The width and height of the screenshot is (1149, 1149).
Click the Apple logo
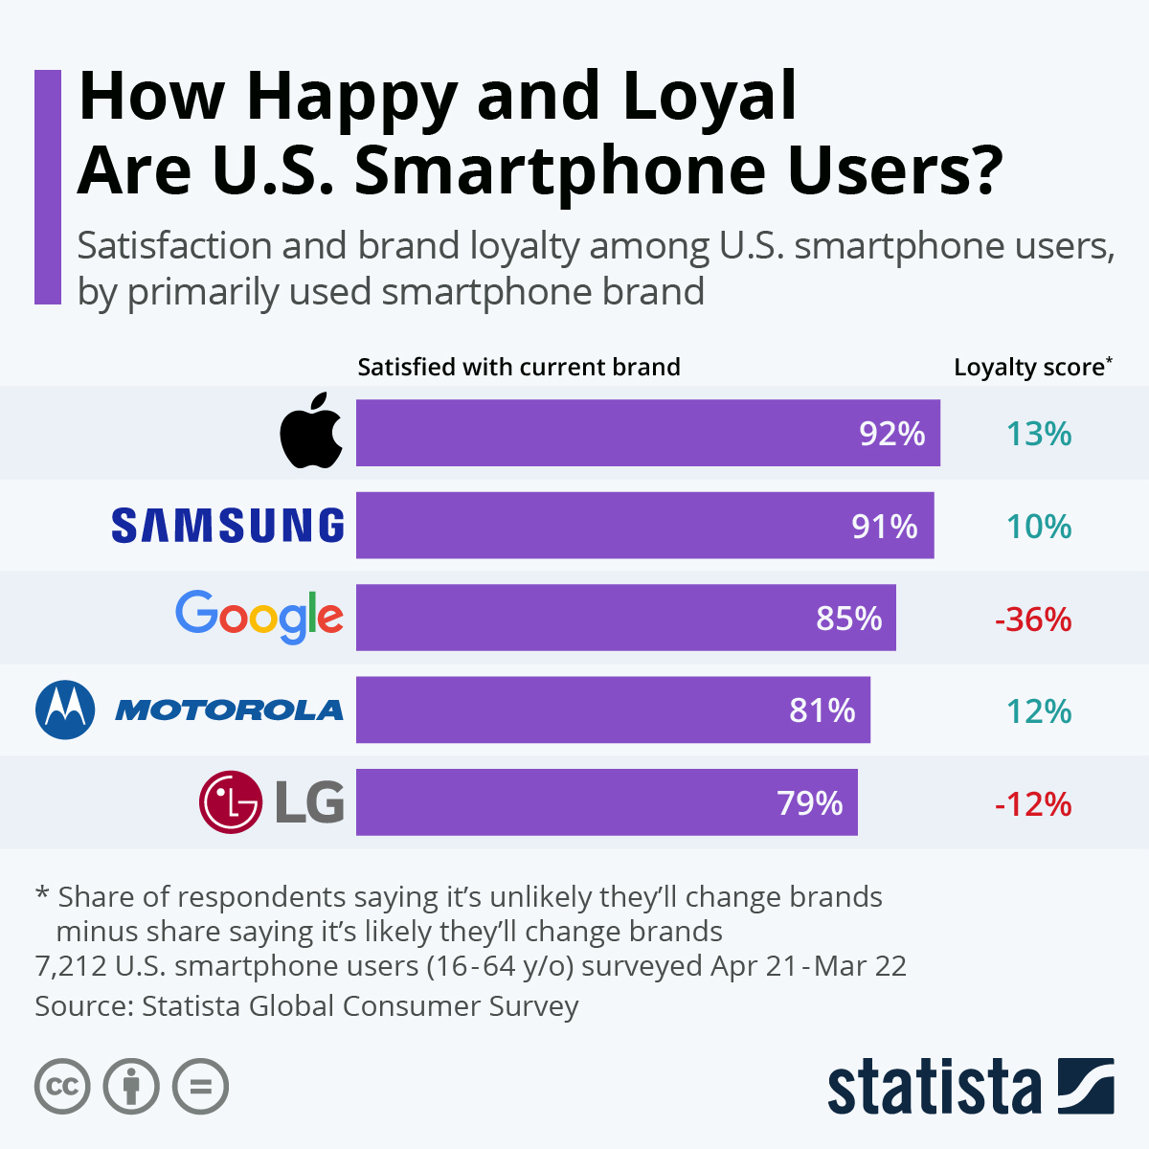click(311, 432)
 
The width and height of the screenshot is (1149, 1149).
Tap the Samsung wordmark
click(228, 526)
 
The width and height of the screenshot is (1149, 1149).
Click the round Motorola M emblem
click(65, 710)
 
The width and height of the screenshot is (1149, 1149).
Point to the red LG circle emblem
click(230, 802)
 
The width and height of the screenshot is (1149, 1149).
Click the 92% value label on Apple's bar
click(891, 434)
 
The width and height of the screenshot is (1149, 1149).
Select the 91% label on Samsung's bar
click(885, 527)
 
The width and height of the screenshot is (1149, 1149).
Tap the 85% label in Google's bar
click(848, 619)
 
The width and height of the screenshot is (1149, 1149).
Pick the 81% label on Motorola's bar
click(822, 710)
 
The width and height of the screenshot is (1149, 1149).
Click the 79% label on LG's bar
click(810, 803)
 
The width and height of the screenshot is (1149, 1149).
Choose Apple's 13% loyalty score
click(1038, 434)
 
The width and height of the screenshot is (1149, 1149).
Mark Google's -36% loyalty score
click(1033, 620)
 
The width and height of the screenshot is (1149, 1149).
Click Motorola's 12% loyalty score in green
click(1038, 711)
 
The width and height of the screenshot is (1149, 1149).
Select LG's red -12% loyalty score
click(1033, 804)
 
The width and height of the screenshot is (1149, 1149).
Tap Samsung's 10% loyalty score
click(1038, 527)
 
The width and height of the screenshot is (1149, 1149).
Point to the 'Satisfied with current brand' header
click(519, 368)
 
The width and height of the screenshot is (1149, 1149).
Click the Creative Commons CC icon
click(63, 1087)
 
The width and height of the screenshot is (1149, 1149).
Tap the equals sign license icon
click(201, 1087)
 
